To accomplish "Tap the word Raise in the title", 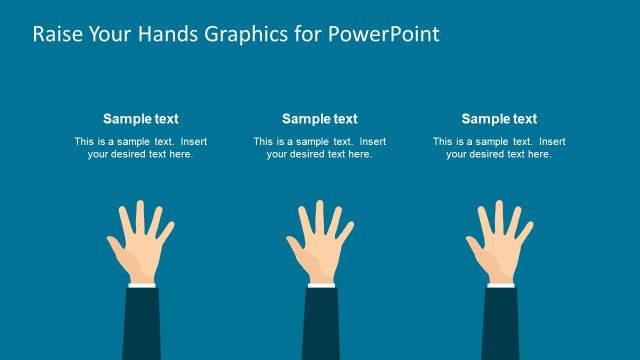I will (x=57, y=34).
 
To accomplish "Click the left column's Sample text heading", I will (x=140, y=119).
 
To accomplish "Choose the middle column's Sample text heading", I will (x=319, y=119).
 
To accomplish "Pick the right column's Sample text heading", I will (x=499, y=119).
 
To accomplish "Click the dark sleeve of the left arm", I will (x=141, y=325).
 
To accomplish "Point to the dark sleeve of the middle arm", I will (x=321, y=325).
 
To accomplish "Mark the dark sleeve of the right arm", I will (x=500, y=325).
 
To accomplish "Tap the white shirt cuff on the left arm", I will (x=141, y=285).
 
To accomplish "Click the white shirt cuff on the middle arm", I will (x=321, y=285).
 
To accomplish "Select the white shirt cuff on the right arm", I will (x=500, y=285).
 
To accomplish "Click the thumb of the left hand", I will (x=114, y=246).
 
